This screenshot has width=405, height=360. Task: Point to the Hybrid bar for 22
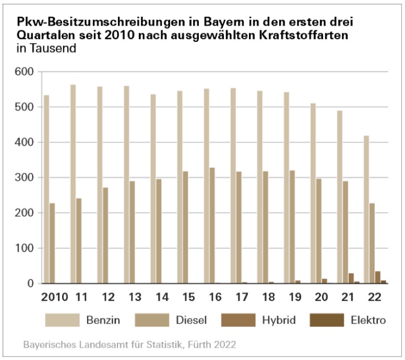click(x=378, y=278)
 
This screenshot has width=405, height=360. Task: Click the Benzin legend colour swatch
click(x=62, y=320)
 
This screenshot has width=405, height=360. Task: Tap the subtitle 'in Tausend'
click(x=47, y=49)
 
